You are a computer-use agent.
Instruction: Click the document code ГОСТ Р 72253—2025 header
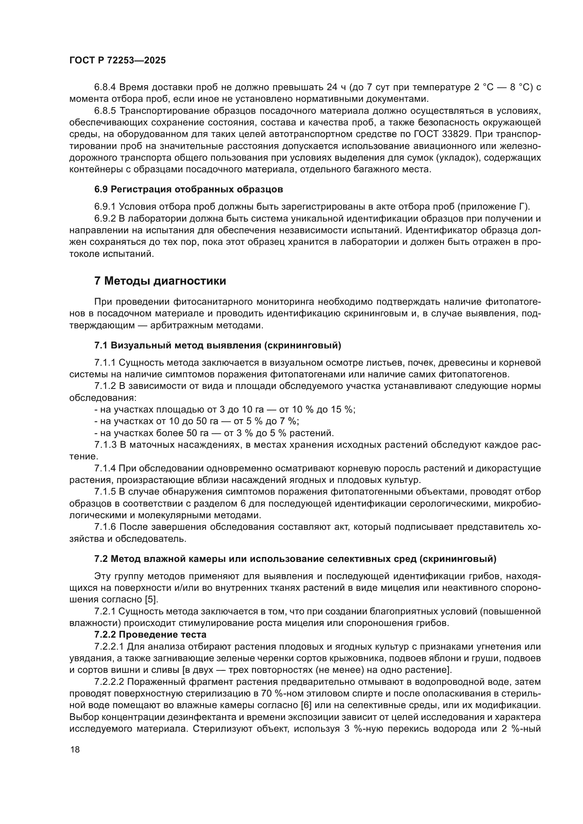pos(117,60)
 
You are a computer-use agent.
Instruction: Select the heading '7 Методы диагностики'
pos(160,281)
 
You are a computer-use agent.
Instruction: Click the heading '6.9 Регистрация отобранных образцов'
pos(189,189)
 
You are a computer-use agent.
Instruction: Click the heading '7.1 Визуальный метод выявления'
pos(217,345)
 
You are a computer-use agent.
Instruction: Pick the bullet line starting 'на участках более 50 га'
pos(214,433)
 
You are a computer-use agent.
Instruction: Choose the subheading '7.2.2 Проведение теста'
pos(151,635)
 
